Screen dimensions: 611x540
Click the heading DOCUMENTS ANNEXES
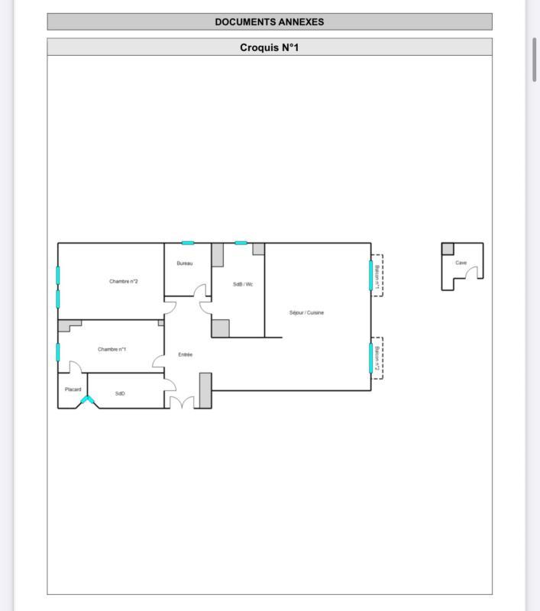pyautogui.click(x=269, y=21)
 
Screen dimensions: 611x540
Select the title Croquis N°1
pyautogui.click(x=269, y=47)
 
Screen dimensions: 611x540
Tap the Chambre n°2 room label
pyautogui.click(x=123, y=281)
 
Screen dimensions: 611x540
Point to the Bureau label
pyautogui.click(x=185, y=263)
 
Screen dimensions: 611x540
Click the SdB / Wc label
pyautogui.click(x=243, y=284)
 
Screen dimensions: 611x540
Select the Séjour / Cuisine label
pyautogui.click(x=306, y=312)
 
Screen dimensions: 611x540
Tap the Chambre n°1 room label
pyautogui.click(x=112, y=349)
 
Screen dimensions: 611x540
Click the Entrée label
pyautogui.click(x=185, y=354)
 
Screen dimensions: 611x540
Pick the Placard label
pyautogui.click(x=73, y=390)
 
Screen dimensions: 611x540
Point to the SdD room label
pyautogui.click(x=120, y=393)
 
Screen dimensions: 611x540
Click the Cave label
pyautogui.click(x=461, y=263)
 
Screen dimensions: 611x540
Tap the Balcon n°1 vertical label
pyautogui.click(x=377, y=275)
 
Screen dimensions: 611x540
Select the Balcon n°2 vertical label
pyautogui.click(x=377, y=357)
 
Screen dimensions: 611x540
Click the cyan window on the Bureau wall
pyautogui.click(x=188, y=243)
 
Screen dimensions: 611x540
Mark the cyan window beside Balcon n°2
pyautogui.click(x=371, y=357)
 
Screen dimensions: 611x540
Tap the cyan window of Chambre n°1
pyautogui.click(x=58, y=352)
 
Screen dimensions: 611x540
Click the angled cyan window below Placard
pyautogui.click(x=87, y=399)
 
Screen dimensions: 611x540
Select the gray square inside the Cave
pyautogui.click(x=448, y=249)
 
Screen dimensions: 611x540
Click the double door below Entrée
pyautogui.click(x=181, y=402)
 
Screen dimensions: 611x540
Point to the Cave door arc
pyautogui.click(x=474, y=272)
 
